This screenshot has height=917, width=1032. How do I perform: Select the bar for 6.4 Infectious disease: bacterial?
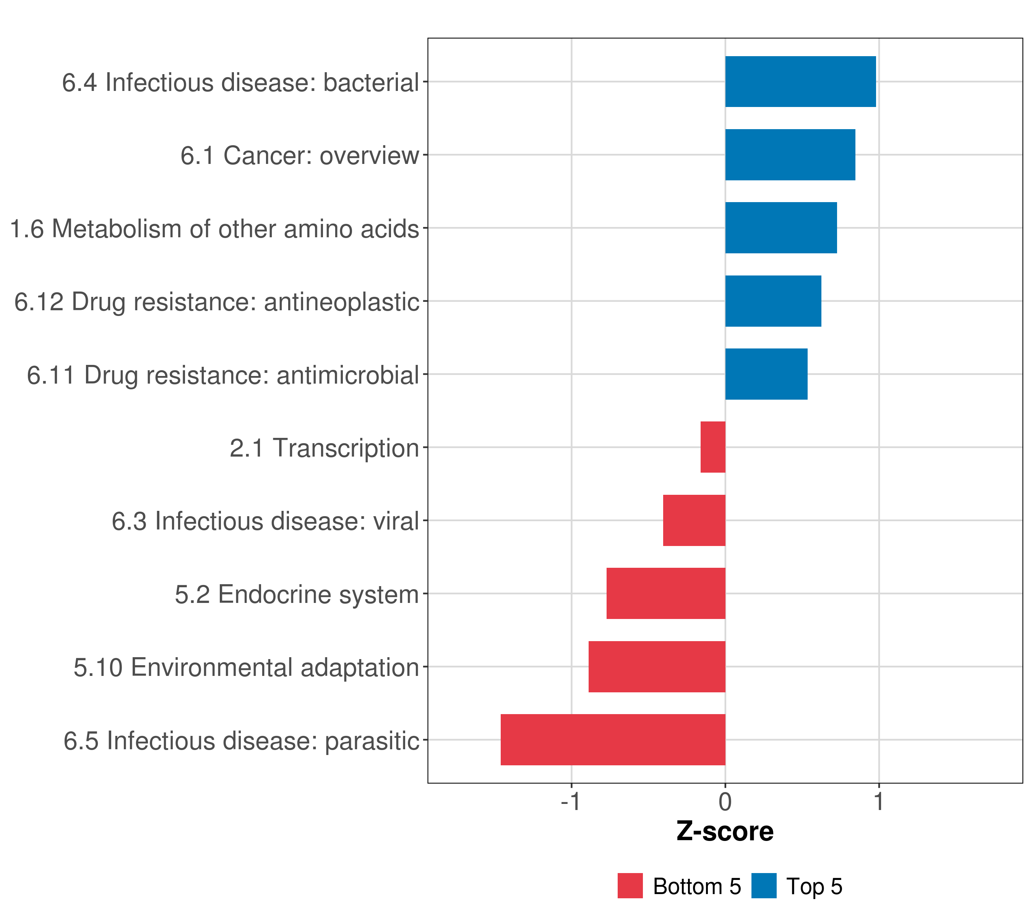tap(800, 82)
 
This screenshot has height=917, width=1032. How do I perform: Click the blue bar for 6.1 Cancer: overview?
tap(790, 155)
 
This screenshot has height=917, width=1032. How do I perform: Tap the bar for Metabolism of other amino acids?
tap(781, 228)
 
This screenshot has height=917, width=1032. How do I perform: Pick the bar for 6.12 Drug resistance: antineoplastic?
tap(773, 301)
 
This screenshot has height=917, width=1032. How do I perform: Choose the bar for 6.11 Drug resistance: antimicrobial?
tap(766, 374)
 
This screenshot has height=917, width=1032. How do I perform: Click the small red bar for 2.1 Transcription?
tap(713, 447)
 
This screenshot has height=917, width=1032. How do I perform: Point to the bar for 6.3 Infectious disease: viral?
tap(694, 520)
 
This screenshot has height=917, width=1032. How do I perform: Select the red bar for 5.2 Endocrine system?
tap(666, 593)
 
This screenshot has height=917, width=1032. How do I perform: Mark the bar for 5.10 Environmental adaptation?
tap(657, 667)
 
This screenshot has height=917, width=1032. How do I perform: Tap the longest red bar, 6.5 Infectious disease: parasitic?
tap(613, 740)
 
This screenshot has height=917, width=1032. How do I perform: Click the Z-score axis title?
tap(725, 832)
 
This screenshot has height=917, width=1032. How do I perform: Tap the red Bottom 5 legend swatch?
tap(630, 886)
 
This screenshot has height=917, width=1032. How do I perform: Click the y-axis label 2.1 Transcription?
tap(324, 448)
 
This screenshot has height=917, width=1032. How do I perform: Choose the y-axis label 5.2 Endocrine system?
tap(297, 595)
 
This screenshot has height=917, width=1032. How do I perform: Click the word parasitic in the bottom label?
tap(372, 741)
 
